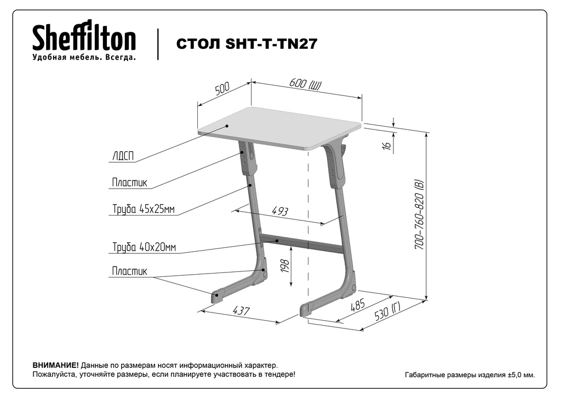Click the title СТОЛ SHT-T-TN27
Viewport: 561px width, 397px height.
click(247, 44)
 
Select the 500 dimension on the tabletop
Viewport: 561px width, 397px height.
click(222, 88)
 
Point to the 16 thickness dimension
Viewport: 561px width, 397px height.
click(386, 145)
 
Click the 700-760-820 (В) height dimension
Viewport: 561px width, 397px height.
click(419, 215)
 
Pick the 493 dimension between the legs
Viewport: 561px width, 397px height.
click(280, 211)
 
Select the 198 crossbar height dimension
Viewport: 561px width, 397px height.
click(285, 266)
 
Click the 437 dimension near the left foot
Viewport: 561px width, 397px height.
click(241, 310)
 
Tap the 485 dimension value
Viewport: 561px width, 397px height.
click(357, 305)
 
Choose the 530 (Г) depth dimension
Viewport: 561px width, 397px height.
click(387, 311)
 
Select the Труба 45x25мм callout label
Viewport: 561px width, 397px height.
click(144, 209)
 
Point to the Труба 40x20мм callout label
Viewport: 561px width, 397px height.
click(144, 247)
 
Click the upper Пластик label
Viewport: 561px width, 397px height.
click(129, 182)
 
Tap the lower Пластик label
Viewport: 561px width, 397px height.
click(129, 271)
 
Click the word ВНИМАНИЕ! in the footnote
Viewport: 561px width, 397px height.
click(55, 366)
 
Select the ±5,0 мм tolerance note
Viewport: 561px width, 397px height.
click(522, 375)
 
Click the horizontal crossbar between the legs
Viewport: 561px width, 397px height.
click(301, 243)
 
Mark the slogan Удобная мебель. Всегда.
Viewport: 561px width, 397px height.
click(84, 57)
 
